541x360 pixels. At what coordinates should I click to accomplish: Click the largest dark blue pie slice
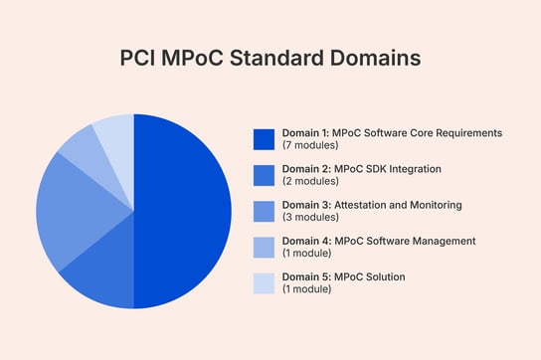[184, 211]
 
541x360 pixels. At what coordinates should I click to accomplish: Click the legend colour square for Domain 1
[264, 138]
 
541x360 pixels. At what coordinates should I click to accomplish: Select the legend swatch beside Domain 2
[264, 174]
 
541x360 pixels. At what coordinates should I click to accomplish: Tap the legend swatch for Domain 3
[264, 211]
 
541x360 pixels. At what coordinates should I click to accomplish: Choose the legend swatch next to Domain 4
[264, 247]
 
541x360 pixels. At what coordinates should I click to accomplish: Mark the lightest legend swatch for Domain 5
[264, 282]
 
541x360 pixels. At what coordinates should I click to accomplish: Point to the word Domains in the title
[374, 59]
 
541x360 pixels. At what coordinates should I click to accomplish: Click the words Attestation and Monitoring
[395, 205]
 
